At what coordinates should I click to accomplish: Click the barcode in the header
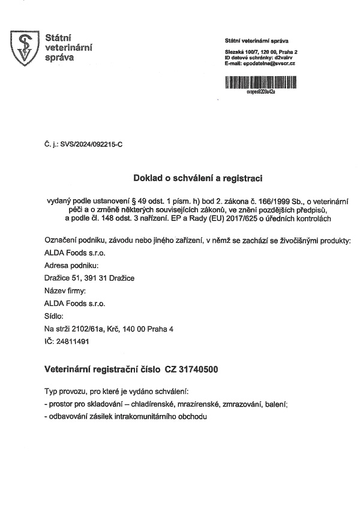[261, 82]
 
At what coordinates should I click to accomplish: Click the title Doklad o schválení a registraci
[197, 178]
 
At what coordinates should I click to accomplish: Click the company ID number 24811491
[72, 341]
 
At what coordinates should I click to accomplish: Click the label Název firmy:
[66, 290]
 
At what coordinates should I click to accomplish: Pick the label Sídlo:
[55, 315]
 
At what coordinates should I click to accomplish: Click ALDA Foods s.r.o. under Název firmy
[74, 303]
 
